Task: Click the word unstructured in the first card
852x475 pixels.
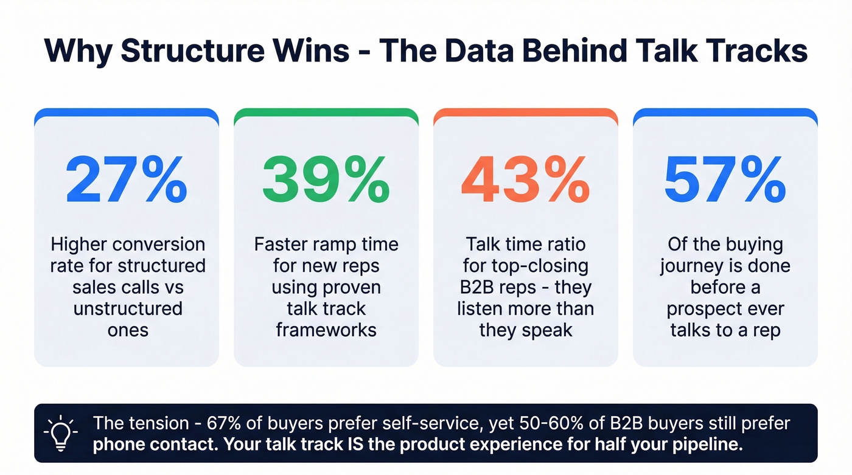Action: coord(127,308)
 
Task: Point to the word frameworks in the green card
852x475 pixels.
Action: coord(326,330)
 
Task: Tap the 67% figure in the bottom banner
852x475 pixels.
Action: coord(228,423)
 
